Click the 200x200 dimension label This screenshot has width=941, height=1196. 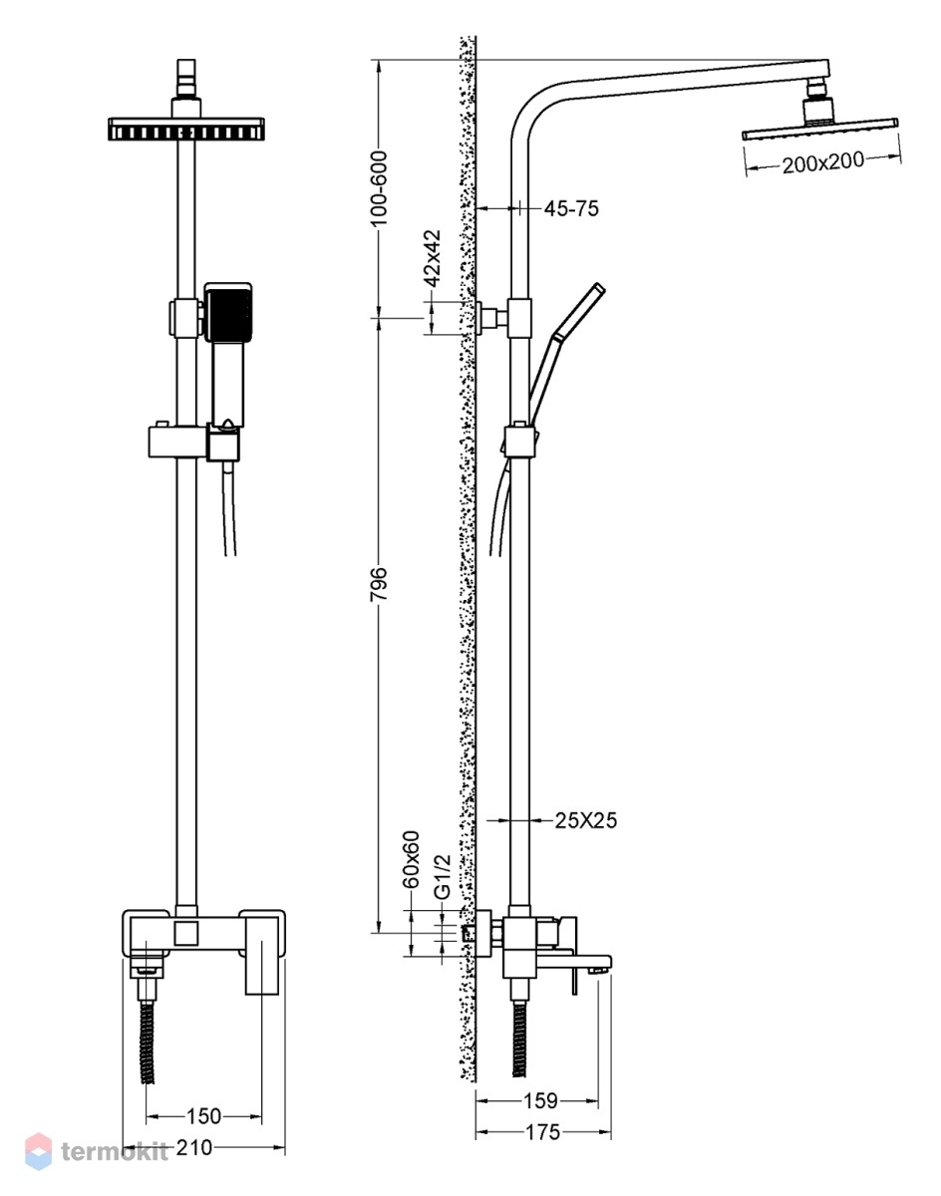point(822,162)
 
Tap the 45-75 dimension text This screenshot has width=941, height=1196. point(571,209)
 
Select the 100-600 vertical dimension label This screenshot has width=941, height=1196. point(379,188)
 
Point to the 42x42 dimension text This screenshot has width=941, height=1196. point(433,258)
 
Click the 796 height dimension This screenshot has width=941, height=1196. point(379,584)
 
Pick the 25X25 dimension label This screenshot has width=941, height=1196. point(586,820)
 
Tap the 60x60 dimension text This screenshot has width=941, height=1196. point(412,860)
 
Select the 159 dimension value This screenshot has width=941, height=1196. point(540,1100)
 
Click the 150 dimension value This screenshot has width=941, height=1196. point(203,1116)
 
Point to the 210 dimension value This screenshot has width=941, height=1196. point(194,1147)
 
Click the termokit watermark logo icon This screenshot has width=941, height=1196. point(38,1151)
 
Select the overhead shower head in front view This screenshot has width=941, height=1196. point(186,129)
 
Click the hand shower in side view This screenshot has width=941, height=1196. point(566,356)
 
